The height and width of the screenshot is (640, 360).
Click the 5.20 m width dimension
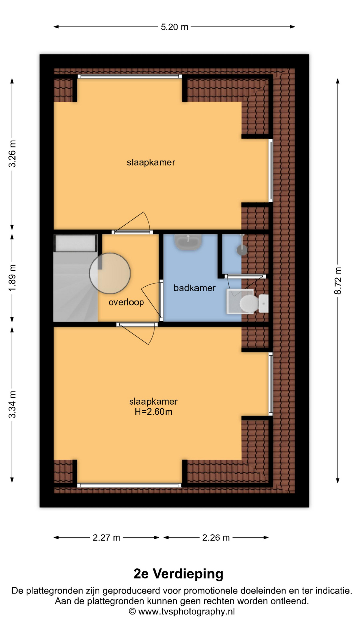pyautogui.click(x=174, y=27)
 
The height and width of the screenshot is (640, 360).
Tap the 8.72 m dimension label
pyautogui.click(x=338, y=281)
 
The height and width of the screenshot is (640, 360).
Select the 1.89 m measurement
pyautogui.click(x=12, y=278)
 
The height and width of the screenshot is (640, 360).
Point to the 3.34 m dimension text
pyautogui.click(x=12, y=404)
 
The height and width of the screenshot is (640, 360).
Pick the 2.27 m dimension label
pyautogui.click(x=106, y=537)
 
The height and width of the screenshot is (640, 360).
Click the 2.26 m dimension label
pyautogui.click(x=216, y=537)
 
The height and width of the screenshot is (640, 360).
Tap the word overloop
pyautogui.click(x=126, y=302)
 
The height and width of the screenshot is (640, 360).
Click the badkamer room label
pyautogui.click(x=194, y=288)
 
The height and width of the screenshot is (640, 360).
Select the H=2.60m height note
pyautogui.click(x=153, y=412)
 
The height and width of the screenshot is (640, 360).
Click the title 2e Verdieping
pyautogui.click(x=178, y=574)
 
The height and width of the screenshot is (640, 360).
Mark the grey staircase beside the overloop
pyautogui.click(x=76, y=278)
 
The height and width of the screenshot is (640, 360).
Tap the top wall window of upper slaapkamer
pyautogui.click(x=130, y=76)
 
